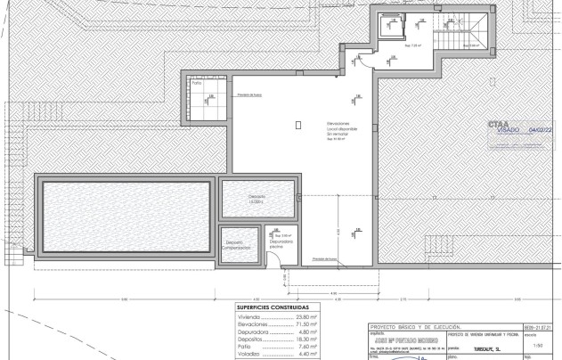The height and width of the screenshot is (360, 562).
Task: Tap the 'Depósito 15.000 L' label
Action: coord(257,199)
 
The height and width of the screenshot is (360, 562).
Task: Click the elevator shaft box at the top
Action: coord(388,28)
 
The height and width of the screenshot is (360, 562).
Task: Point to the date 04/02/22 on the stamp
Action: coord(541,130)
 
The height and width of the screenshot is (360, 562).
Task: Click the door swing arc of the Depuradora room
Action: coord(276,258)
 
